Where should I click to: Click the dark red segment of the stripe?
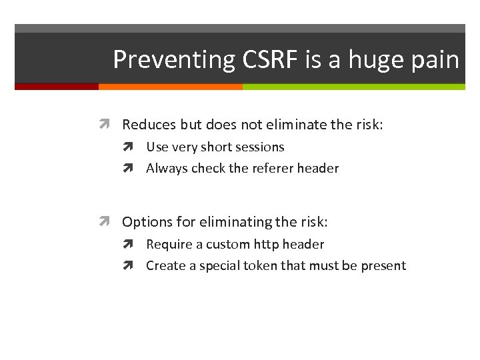coord(57,87)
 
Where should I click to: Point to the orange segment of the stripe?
coord(170,87)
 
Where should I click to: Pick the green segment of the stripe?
coord(353,87)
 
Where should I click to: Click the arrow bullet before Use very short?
coord(131,147)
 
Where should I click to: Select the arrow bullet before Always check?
coord(131,169)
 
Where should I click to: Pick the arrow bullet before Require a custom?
coord(131,245)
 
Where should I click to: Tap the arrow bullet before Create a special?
coord(131,266)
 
